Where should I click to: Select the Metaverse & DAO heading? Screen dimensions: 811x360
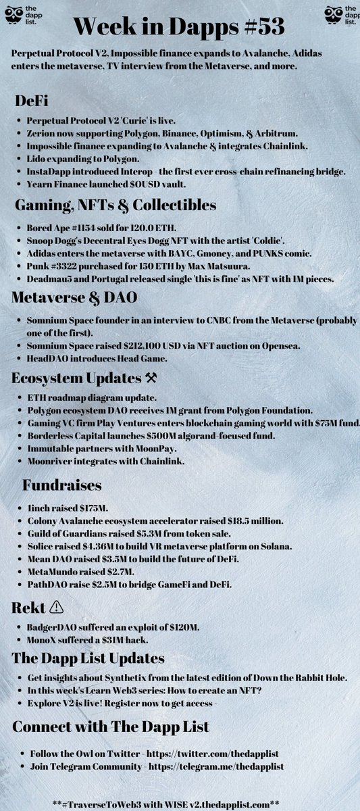80,295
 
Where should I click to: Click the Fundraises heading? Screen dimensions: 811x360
62,485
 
